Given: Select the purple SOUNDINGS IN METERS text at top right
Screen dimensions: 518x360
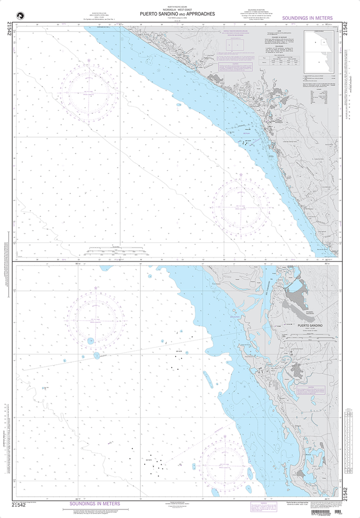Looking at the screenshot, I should coord(308,18).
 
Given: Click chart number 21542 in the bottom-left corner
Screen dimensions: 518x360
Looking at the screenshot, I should coord(18,504).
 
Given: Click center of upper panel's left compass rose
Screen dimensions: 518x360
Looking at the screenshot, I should coord(88,94).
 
